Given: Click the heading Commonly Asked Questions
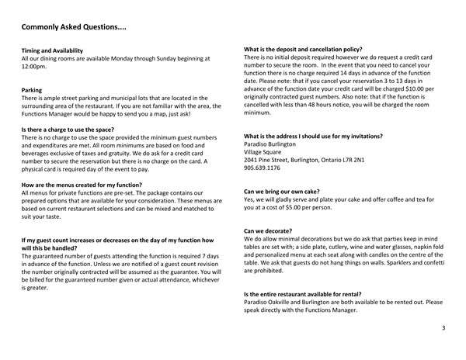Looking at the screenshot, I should [x=74, y=28].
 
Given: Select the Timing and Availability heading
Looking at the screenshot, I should [x=56, y=50].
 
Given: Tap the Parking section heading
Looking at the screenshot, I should [x=31, y=90].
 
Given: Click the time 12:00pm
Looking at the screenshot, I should [x=34, y=67].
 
